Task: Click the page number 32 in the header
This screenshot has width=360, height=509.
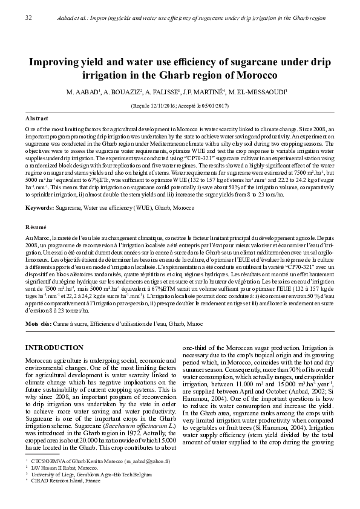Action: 28,18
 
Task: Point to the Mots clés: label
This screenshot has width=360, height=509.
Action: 39,324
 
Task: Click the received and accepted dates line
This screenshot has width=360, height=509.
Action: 180,105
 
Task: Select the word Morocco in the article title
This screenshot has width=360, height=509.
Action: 257,76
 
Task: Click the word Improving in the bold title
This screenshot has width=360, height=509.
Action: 52,62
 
